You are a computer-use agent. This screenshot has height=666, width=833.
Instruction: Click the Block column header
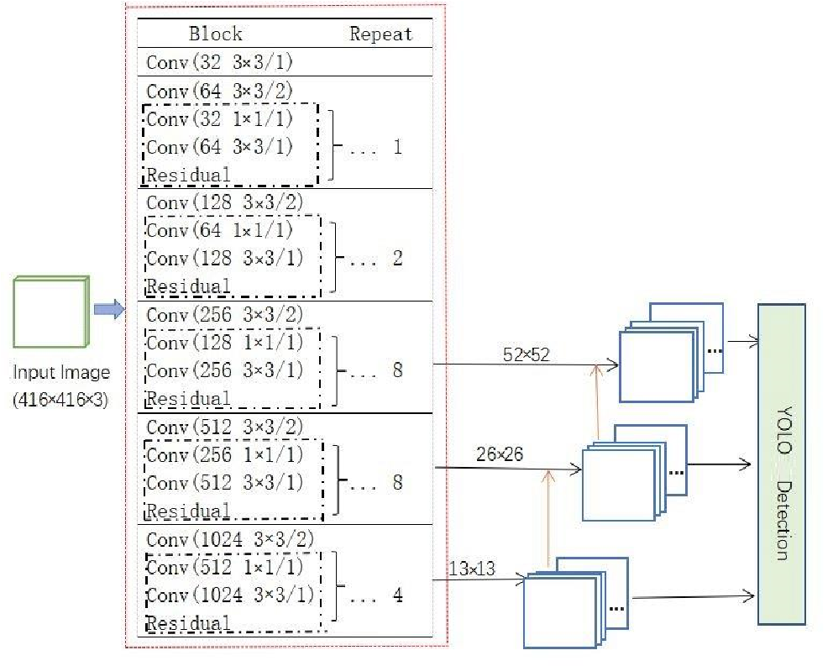click(216, 34)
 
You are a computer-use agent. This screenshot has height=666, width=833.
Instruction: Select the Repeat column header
click(381, 34)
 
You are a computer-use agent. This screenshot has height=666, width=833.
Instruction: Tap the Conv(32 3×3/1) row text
click(220, 62)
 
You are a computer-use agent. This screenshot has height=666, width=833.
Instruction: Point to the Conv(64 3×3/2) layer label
click(220, 91)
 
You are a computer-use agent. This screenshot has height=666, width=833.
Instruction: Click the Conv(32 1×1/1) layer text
click(220, 119)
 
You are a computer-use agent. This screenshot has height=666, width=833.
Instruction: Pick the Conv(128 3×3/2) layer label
click(225, 202)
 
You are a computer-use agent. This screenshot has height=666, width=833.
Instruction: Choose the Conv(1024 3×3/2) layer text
click(229, 538)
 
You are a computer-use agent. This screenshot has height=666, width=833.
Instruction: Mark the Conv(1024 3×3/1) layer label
click(230, 595)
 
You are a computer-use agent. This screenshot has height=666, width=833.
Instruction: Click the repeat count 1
click(397, 148)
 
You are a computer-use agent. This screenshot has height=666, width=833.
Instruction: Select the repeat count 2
click(397, 259)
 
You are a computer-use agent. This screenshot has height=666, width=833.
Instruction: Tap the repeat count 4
click(397, 595)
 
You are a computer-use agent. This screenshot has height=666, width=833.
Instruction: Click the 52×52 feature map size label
click(527, 354)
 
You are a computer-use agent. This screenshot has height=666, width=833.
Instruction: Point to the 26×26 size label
click(499, 455)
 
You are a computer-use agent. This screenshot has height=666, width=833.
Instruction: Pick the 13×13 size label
click(472, 569)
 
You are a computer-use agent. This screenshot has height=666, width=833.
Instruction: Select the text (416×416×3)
click(61, 400)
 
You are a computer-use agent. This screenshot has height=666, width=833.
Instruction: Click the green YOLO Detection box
click(781, 464)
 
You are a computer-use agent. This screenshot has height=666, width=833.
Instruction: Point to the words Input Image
click(61, 372)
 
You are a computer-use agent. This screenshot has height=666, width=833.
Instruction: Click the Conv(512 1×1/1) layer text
click(225, 567)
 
